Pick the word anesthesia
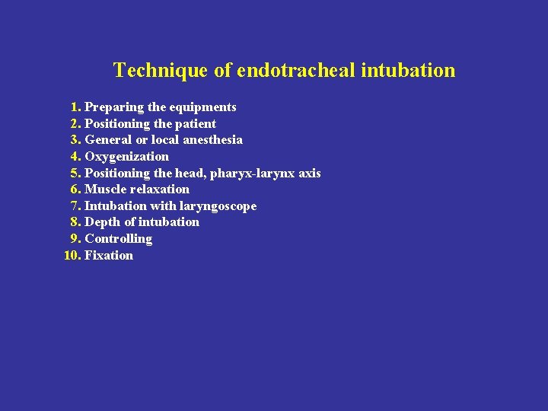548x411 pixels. point(213,140)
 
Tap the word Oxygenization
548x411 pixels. point(127,157)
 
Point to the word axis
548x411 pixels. point(310,174)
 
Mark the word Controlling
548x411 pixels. point(118,239)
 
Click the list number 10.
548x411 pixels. point(72,256)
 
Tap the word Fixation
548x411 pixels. point(109,256)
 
